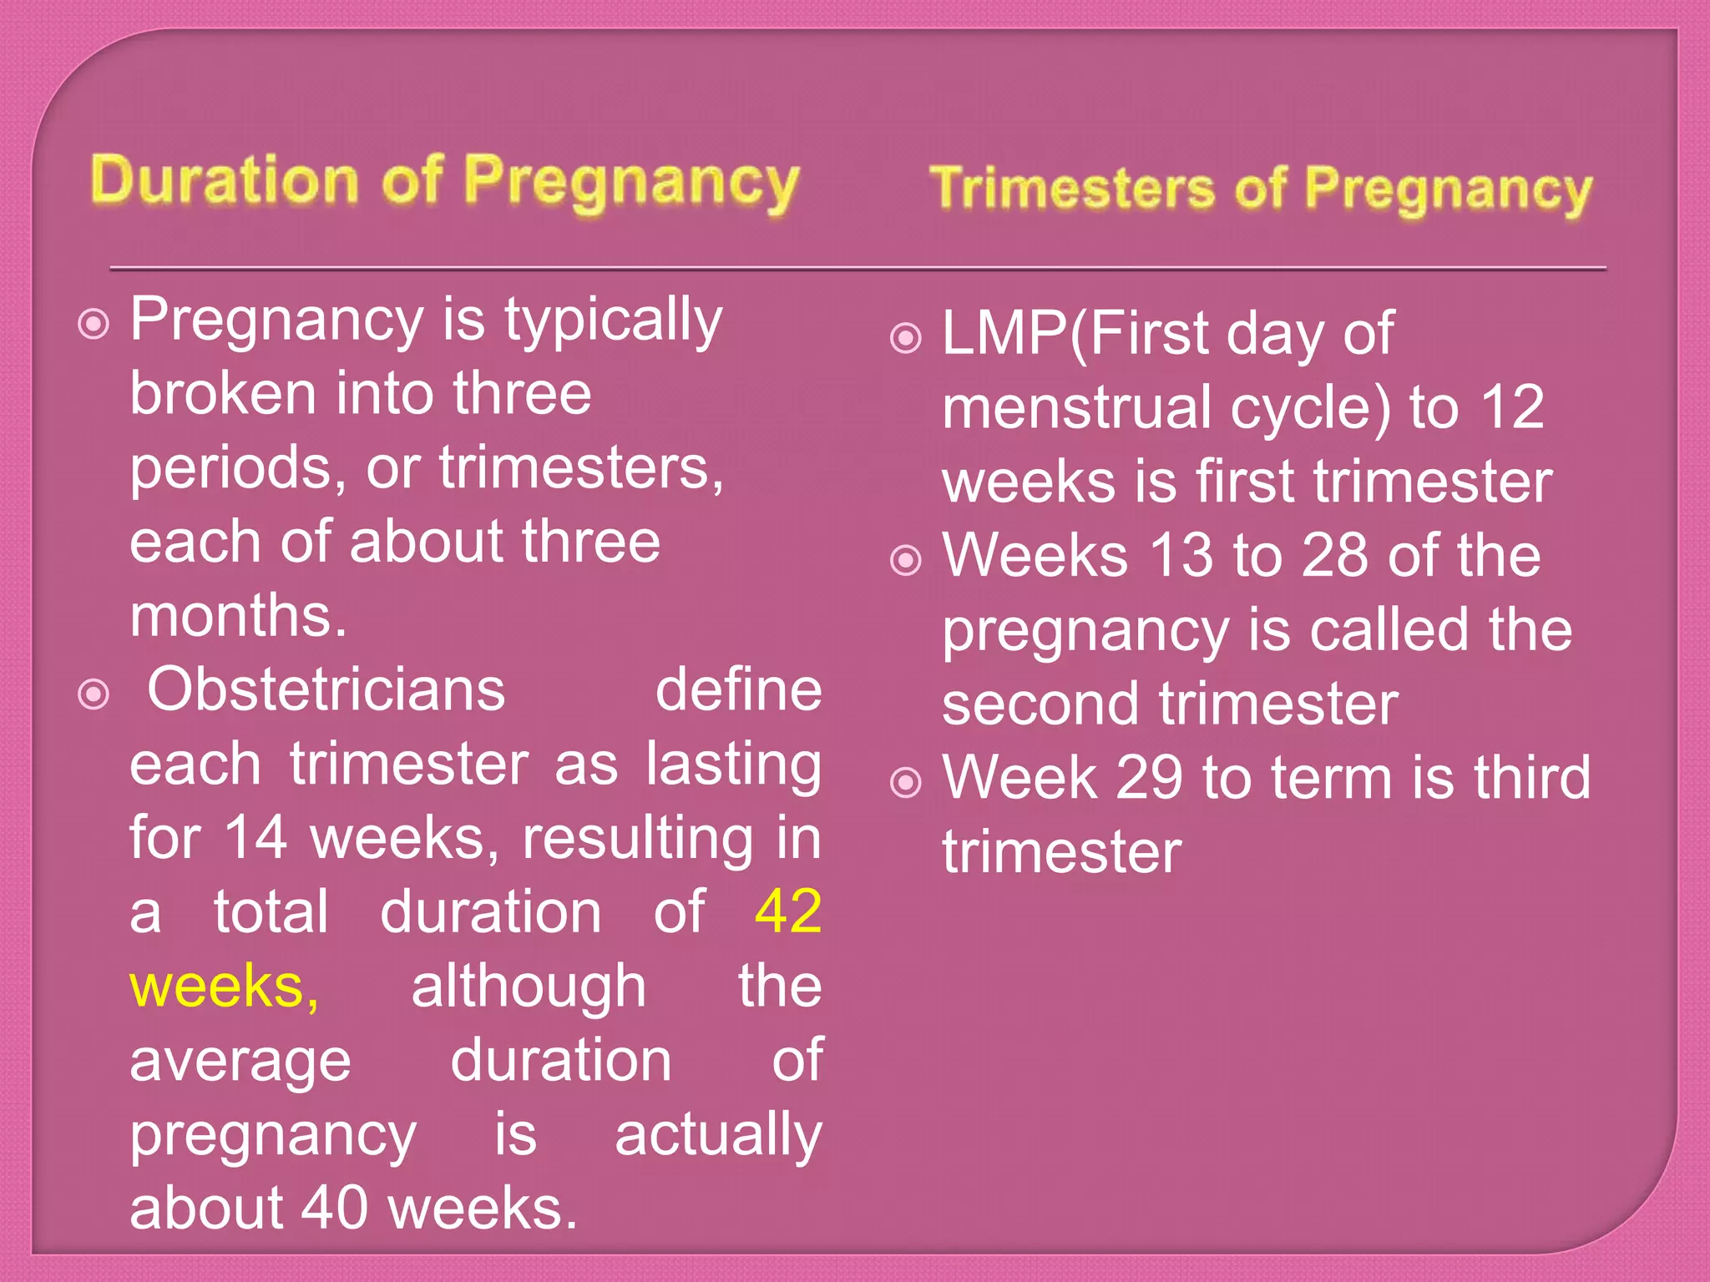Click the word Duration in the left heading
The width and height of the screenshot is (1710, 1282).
coord(224,180)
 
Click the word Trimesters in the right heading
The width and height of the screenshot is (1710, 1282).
coord(1072,187)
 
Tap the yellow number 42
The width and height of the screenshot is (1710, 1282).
coord(787,911)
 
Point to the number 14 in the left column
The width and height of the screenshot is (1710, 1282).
coord(255,837)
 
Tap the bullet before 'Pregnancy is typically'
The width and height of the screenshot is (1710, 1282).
coord(94,324)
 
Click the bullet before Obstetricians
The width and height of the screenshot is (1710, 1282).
coord(94,694)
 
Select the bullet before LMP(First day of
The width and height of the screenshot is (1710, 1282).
coord(906,338)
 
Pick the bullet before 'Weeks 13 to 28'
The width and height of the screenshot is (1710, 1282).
coord(906,560)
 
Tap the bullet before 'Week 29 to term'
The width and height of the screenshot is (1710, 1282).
coord(906,783)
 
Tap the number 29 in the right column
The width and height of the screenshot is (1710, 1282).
coord(1149,778)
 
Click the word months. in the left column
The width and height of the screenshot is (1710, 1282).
coord(238,615)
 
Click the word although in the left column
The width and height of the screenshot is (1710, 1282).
coord(529,986)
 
